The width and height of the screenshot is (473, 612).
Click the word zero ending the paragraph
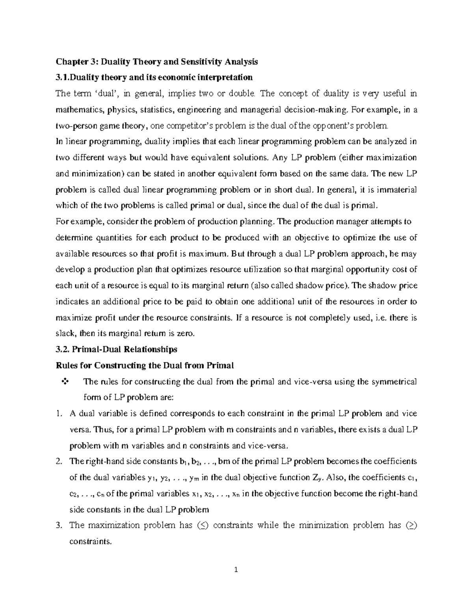tap(186, 334)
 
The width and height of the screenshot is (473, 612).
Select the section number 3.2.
tap(63, 349)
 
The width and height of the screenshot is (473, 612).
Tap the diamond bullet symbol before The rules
tap(65, 381)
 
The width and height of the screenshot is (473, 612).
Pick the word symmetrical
tap(395, 381)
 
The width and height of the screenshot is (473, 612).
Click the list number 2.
tap(59, 461)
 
